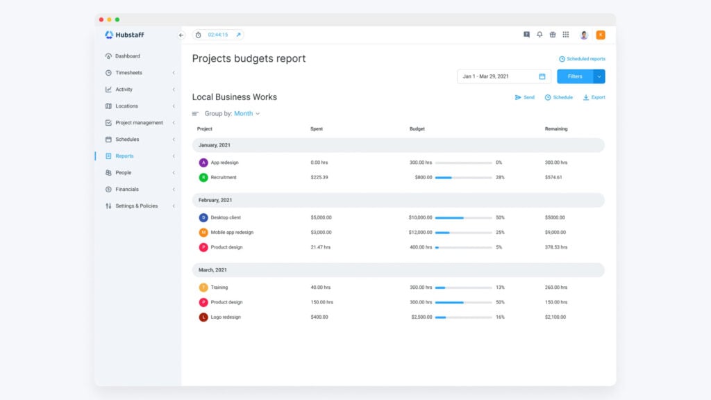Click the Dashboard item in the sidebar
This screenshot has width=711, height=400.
point(127,56)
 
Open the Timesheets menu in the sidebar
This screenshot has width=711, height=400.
point(128,73)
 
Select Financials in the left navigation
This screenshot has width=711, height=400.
point(126,190)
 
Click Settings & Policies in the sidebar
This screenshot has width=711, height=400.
point(136,206)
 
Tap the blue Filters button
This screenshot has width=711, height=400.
point(575,76)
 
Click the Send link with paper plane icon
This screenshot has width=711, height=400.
point(524,97)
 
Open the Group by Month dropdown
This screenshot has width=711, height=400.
point(246,114)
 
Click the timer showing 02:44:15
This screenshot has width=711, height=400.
point(217,35)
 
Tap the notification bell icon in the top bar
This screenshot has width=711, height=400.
point(539,35)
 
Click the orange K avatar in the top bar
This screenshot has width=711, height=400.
point(601,35)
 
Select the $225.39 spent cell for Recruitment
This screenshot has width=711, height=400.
point(319,178)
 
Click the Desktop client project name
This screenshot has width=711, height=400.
point(226,218)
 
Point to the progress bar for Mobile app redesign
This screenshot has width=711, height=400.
point(463,233)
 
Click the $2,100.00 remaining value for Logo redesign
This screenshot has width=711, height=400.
point(555,317)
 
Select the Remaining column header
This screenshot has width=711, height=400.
point(556,129)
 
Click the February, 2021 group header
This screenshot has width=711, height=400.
point(215,200)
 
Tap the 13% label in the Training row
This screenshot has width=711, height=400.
point(500,287)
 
